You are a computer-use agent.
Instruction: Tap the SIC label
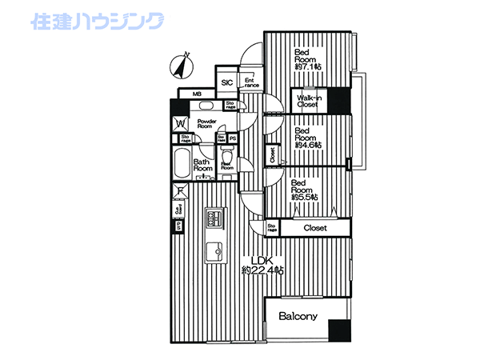coord(226,82)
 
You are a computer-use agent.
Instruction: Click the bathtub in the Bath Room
coord(180,168)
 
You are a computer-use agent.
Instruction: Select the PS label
coord(233,138)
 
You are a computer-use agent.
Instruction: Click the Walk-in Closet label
coord(309,101)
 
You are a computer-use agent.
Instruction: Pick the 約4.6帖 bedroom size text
coord(308,145)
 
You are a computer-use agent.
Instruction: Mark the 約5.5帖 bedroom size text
coord(305,196)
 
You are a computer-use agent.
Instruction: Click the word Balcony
coord(298,316)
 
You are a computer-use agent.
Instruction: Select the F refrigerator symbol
coord(180,192)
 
